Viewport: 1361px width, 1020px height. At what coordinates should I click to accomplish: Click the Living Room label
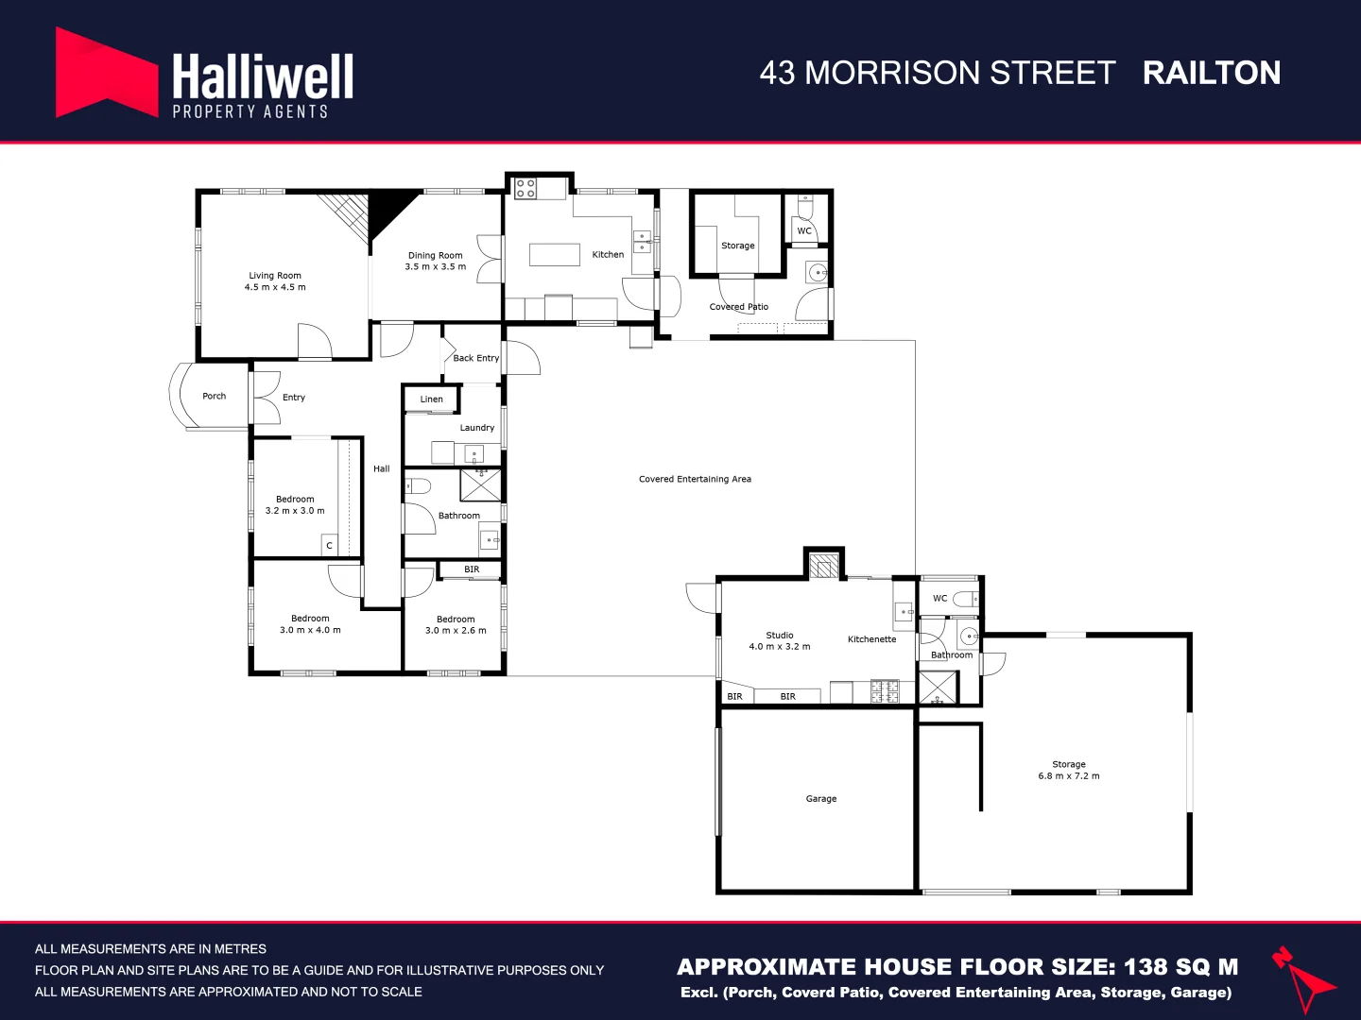coord(275,276)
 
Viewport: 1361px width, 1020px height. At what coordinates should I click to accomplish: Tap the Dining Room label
coord(436,255)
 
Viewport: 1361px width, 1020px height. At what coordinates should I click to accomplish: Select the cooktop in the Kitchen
coord(525,188)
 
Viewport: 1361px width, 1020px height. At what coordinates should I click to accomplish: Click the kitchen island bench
coord(555,254)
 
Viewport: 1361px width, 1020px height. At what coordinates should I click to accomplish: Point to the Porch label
coord(215,397)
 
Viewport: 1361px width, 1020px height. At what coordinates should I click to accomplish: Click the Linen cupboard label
coord(432,399)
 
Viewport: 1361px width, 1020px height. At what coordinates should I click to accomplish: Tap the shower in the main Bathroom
coord(480,484)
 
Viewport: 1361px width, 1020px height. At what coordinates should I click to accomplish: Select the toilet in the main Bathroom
coord(418,486)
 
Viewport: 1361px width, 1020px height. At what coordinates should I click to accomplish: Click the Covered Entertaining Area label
coord(695,480)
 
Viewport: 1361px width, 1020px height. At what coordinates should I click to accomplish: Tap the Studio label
coord(780,636)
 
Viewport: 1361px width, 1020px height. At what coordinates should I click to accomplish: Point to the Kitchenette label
coord(871,639)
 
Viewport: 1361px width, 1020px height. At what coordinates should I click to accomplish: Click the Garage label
coord(821,799)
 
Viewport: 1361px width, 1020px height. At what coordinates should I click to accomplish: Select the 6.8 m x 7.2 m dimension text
coord(1069,776)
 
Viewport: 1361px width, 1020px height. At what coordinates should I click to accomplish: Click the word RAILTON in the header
coord(1212,74)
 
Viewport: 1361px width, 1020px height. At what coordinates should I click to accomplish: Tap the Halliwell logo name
coord(263,77)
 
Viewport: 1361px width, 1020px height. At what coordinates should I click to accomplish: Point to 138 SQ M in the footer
coord(1180,967)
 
